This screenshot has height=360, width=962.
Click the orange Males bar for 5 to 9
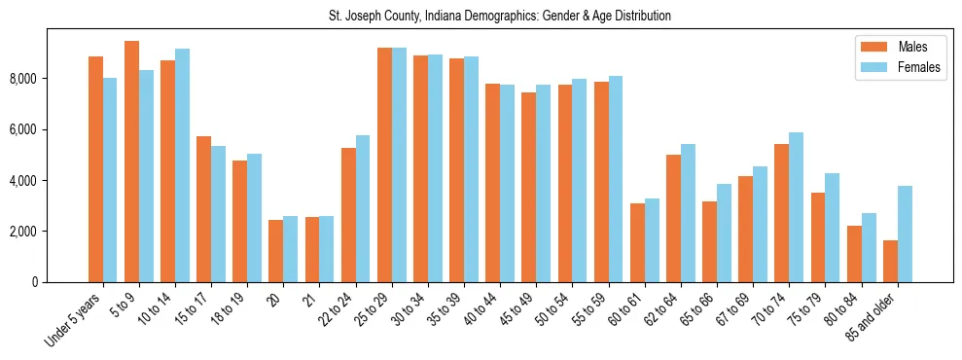[131, 162]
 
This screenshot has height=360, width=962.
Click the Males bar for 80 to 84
[854, 254]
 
